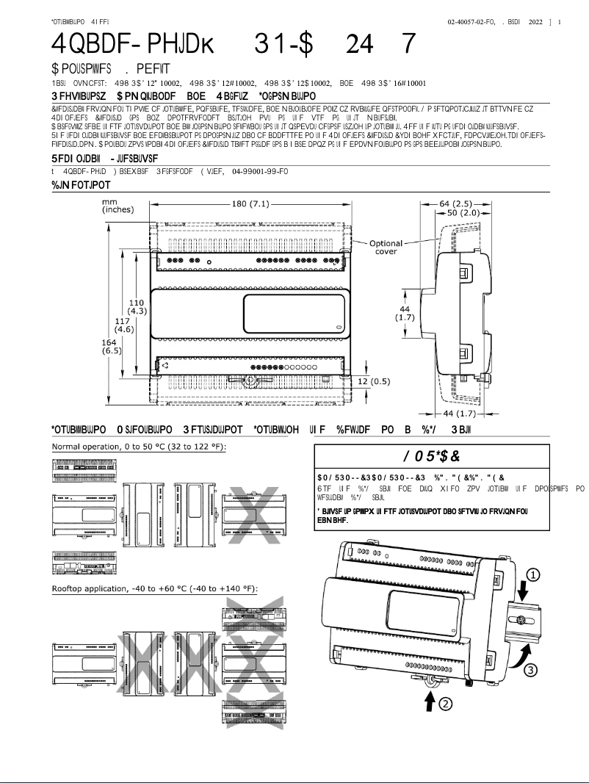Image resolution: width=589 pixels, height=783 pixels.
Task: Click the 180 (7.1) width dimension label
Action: click(250, 204)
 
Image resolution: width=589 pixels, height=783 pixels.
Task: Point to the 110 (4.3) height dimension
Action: click(137, 307)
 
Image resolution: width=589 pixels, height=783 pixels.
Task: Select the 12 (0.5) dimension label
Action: click(375, 381)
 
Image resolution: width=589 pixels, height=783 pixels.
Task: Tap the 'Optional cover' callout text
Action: click(386, 248)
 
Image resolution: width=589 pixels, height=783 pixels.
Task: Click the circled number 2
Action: click(444, 704)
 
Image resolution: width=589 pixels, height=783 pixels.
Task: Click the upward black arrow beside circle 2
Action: click(429, 701)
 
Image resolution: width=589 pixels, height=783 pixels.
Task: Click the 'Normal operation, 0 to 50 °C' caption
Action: click(139, 447)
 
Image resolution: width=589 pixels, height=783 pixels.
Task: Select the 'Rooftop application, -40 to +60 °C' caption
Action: click(155, 589)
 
